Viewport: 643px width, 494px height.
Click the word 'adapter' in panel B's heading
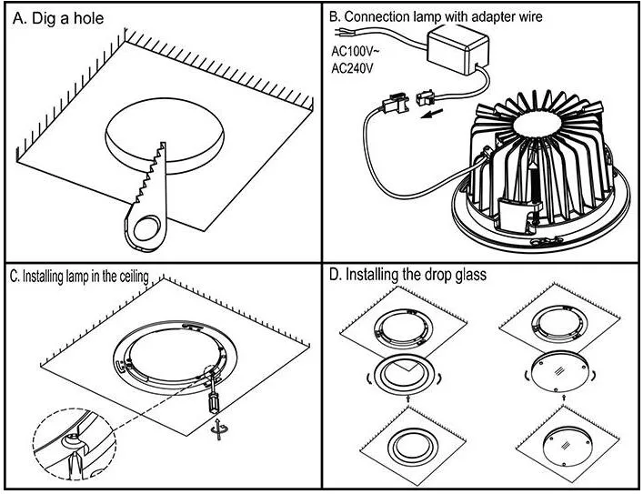[x=507, y=16]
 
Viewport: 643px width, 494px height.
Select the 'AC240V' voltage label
[x=353, y=68]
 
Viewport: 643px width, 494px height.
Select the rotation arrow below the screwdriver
[x=218, y=428]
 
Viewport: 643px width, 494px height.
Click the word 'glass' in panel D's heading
[x=464, y=275]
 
